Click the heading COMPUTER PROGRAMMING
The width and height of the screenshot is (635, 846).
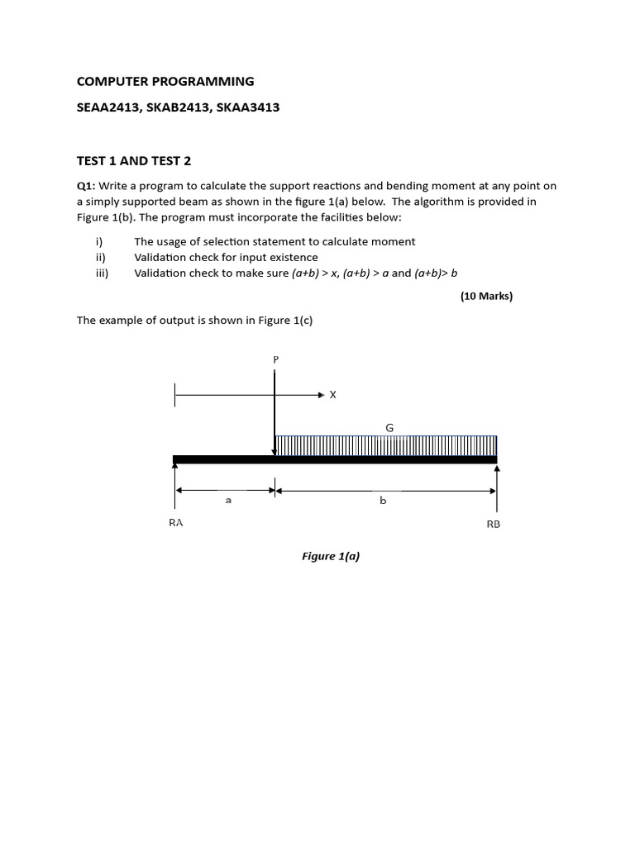165,81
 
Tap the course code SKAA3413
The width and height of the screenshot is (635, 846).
248,107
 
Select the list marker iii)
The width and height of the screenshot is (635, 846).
102,273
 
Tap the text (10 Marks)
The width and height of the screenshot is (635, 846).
486,296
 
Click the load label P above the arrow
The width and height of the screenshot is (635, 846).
275,359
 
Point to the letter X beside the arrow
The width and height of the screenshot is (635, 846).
333,395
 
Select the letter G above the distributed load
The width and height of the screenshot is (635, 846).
389,427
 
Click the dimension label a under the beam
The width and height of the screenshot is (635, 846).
227,501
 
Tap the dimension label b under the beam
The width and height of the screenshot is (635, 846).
383,501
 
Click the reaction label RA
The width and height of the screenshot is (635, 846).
176,523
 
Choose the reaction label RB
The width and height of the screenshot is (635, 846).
494,524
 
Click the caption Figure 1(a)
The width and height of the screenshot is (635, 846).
331,556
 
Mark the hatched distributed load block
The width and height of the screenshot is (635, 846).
386,445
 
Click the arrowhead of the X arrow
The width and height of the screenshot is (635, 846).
322,395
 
